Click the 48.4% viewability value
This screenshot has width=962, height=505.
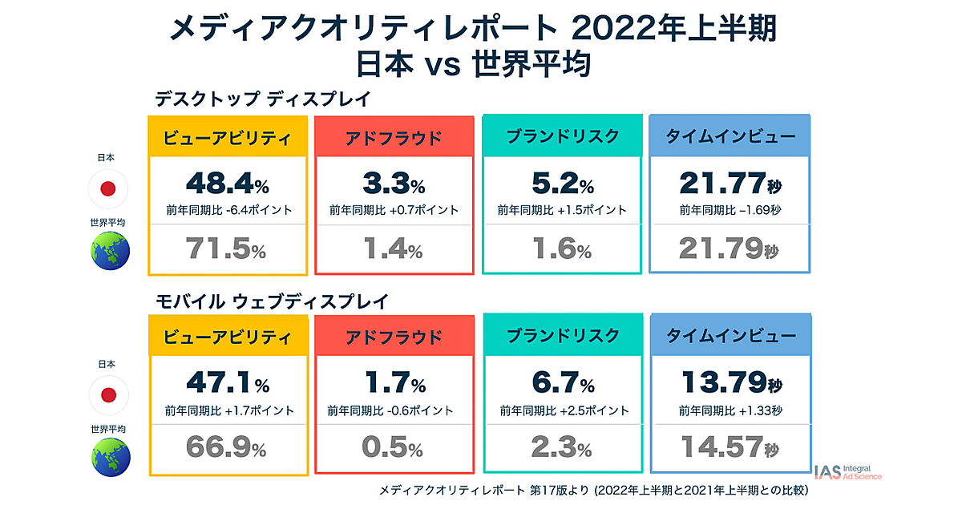(x=228, y=184)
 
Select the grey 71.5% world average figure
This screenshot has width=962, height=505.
(x=228, y=249)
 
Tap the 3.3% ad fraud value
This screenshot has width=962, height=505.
(x=394, y=184)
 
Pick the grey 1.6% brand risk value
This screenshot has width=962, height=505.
(x=562, y=249)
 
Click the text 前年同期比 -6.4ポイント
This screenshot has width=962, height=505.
(x=228, y=210)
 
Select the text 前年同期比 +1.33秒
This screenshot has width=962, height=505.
(x=730, y=410)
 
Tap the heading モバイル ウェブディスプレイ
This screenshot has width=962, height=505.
(x=272, y=301)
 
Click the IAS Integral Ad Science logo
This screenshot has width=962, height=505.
(x=847, y=472)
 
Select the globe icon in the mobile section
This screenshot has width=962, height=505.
(x=110, y=457)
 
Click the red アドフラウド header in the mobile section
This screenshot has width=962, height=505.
(x=394, y=336)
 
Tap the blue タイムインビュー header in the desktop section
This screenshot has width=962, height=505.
(x=730, y=136)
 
